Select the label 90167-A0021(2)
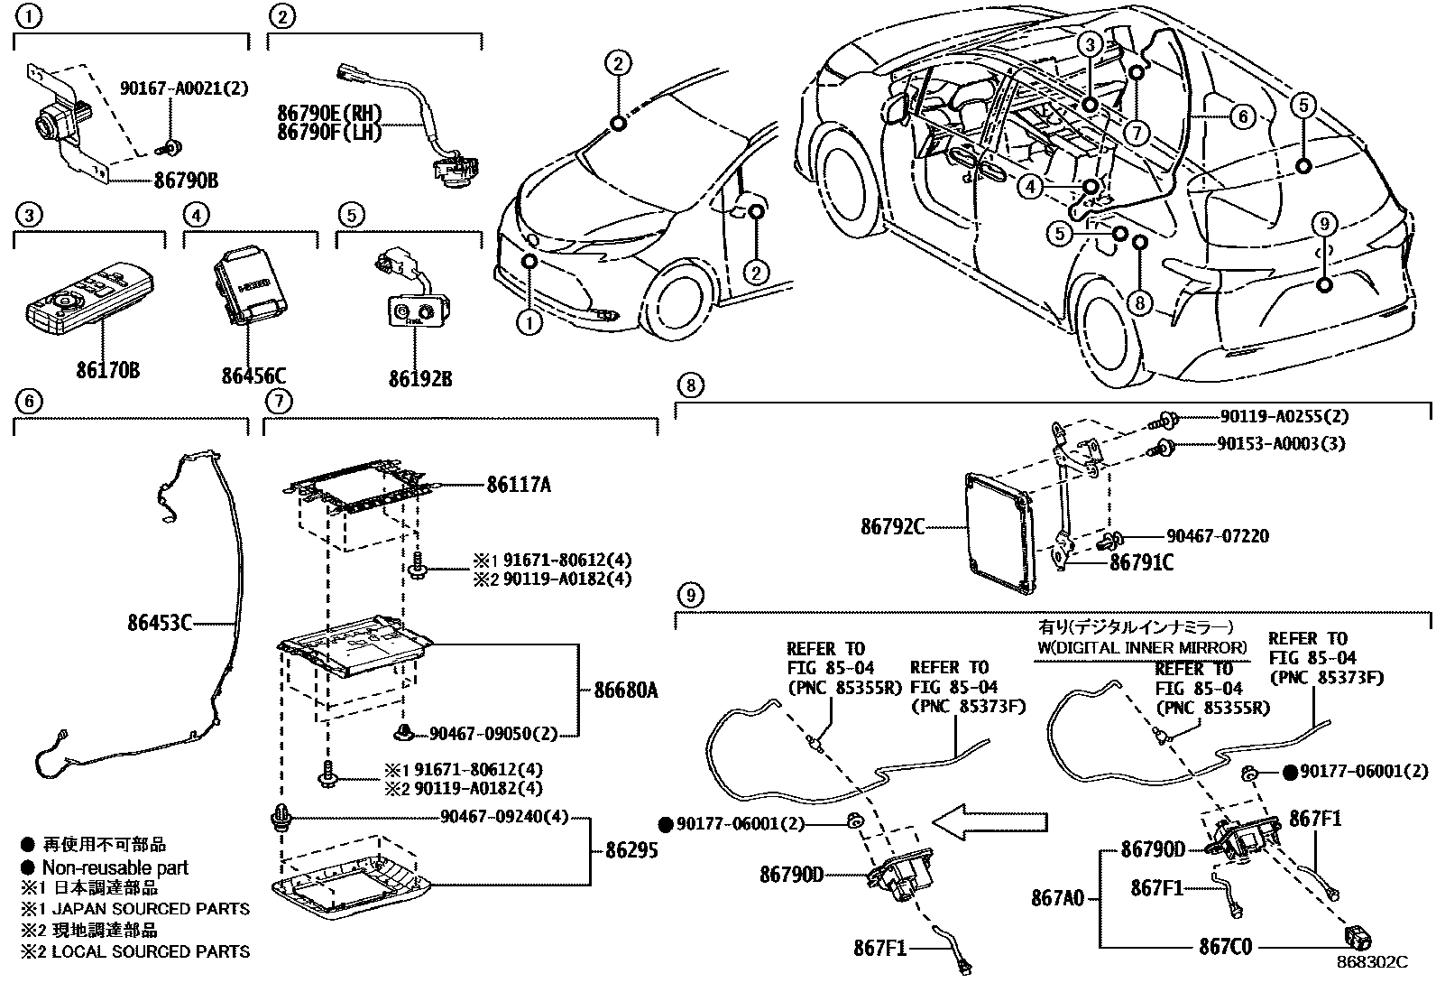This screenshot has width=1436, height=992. [x=183, y=88]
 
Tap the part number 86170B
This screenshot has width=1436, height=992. [x=108, y=370]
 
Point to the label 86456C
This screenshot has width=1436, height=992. [x=254, y=375]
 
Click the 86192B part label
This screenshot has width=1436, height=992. [x=420, y=379]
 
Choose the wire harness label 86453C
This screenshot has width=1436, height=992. [x=160, y=622]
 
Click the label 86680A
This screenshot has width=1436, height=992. [x=626, y=691]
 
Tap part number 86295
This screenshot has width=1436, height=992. [x=631, y=850]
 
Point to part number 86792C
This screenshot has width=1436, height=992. [x=892, y=525]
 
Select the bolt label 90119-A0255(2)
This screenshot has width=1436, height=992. [x=1284, y=417]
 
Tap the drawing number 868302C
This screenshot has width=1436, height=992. [x=1372, y=962]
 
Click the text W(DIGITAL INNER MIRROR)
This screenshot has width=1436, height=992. [x=1140, y=647]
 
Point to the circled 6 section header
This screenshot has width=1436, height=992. [x=29, y=401]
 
